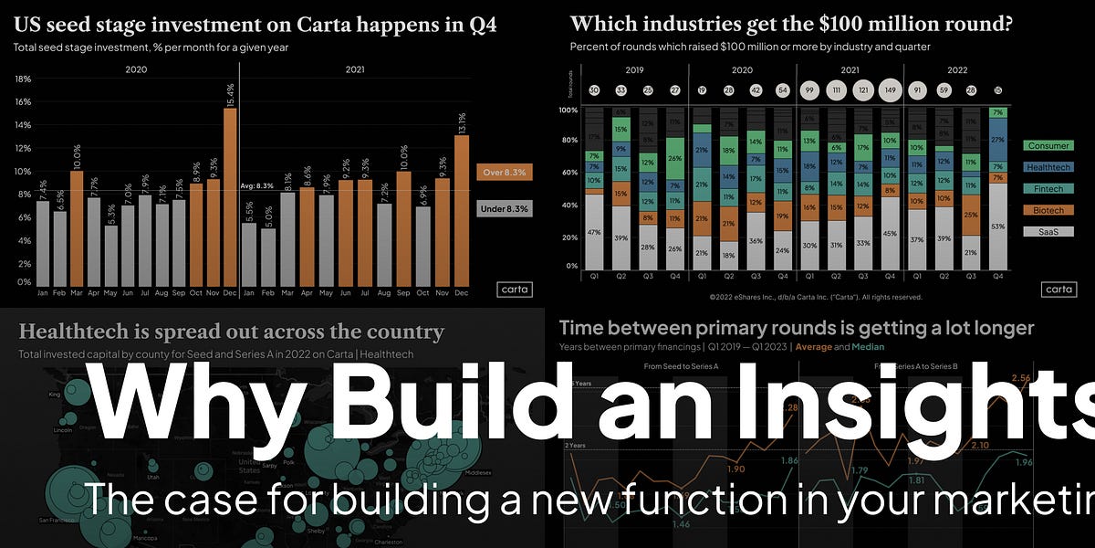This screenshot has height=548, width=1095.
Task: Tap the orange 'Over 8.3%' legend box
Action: click(504, 172)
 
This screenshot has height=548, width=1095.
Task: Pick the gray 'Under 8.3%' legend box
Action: click(504, 208)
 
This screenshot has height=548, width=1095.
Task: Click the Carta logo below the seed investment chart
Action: click(515, 290)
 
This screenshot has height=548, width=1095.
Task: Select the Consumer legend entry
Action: click(1048, 145)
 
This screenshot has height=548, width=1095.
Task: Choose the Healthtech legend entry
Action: click(1048, 167)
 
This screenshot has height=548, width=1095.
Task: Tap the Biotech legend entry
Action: click(1048, 210)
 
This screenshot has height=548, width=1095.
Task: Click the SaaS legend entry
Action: click(1048, 232)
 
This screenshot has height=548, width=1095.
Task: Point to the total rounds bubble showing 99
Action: click(808, 90)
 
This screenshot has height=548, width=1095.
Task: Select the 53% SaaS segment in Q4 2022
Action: click(997, 226)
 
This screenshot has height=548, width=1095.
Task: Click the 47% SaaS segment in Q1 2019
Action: click(594, 232)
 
